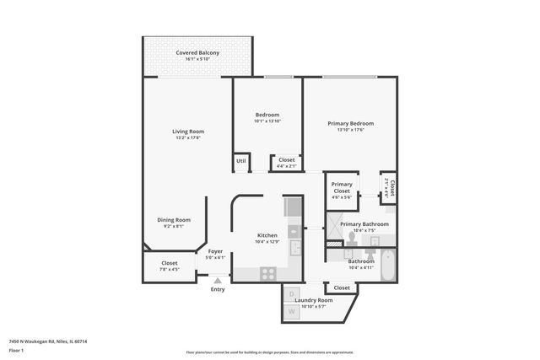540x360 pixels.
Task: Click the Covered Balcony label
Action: tap(197, 53)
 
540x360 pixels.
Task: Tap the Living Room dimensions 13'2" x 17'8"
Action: tap(188, 138)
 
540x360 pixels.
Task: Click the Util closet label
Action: tap(240, 160)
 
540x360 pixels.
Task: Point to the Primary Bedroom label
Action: tap(350, 123)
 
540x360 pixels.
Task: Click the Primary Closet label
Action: tap(342, 187)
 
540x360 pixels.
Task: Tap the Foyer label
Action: tap(216, 251)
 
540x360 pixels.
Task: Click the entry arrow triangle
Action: tap(218, 280)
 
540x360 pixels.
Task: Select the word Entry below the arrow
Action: tap(218, 290)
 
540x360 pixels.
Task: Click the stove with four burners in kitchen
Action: tap(268, 273)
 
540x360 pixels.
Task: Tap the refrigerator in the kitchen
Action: tap(292, 207)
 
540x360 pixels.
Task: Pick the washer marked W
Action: tap(292, 312)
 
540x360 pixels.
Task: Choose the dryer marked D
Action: tap(292, 294)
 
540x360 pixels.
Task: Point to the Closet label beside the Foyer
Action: tap(169, 263)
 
